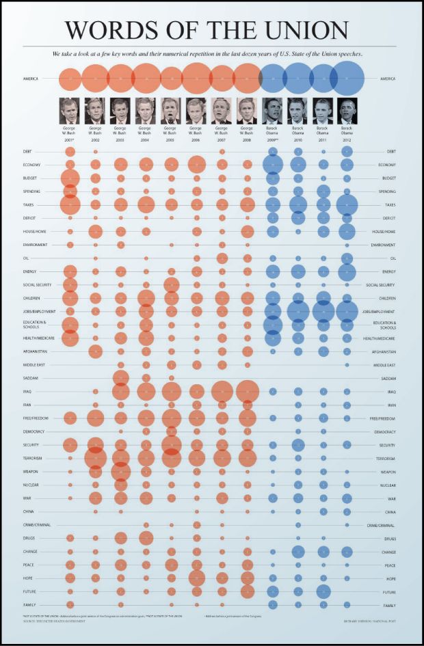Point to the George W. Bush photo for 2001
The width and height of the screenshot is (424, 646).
70,111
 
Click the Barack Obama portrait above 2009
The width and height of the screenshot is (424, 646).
272,111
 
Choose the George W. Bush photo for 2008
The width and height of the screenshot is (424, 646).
247,111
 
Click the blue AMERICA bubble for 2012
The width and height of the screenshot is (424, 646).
347,79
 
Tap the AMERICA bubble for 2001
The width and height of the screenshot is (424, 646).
70,79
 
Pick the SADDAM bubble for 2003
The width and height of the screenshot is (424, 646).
121,378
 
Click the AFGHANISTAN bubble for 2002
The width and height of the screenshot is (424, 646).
95,351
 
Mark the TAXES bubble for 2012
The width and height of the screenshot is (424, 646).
347,205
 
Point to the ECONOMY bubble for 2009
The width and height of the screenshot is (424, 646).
272,165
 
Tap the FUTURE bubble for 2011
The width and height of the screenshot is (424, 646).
323,591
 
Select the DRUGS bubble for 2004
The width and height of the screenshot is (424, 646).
146,538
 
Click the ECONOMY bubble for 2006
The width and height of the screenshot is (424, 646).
196,165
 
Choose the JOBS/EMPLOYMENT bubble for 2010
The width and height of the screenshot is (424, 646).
297,312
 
